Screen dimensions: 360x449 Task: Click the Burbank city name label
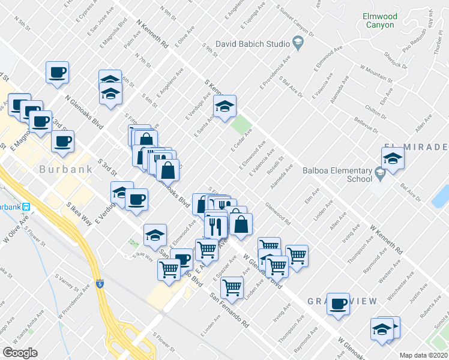pyautogui.click(x=66, y=169)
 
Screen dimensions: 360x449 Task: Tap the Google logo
pyautogui.click(x=20, y=352)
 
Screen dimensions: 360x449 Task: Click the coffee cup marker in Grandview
pyautogui.click(x=339, y=303)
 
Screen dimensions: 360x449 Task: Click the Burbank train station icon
pyautogui.click(x=35, y=207)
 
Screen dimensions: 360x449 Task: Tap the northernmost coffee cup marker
pyautogui.click(x=58, y=72)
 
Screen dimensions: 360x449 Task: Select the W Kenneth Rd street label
pyautogui.click(x=386, y=239)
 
